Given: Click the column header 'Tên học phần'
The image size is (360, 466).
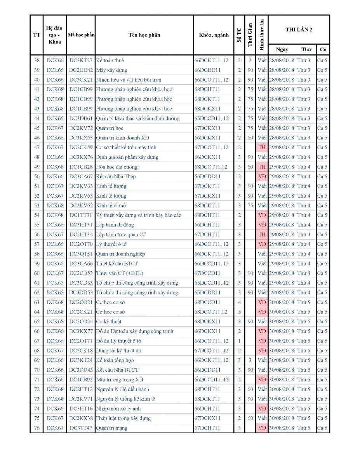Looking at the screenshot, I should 144,35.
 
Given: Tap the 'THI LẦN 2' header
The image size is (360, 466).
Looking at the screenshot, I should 299,30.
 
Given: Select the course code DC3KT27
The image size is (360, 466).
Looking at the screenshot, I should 81,61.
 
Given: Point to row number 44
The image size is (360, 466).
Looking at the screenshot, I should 37,118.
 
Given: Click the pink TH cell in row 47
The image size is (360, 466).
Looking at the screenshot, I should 262,148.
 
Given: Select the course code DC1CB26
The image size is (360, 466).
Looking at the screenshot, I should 81,167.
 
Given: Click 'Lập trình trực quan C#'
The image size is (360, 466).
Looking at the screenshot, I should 121,235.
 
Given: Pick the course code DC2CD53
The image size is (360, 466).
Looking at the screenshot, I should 81,273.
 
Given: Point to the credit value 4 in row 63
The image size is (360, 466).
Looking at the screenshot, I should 239,302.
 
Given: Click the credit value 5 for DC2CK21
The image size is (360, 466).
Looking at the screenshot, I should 239,312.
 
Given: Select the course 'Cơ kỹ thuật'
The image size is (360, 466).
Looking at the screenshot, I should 108,322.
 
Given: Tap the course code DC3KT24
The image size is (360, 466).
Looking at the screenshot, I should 81,360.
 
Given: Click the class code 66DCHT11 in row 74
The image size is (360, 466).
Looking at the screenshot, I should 207,409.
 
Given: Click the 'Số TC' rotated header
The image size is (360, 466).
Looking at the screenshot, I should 239,35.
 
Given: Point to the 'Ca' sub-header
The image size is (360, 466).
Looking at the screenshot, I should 323,50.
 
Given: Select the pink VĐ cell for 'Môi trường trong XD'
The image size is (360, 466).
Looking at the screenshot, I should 262,380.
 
